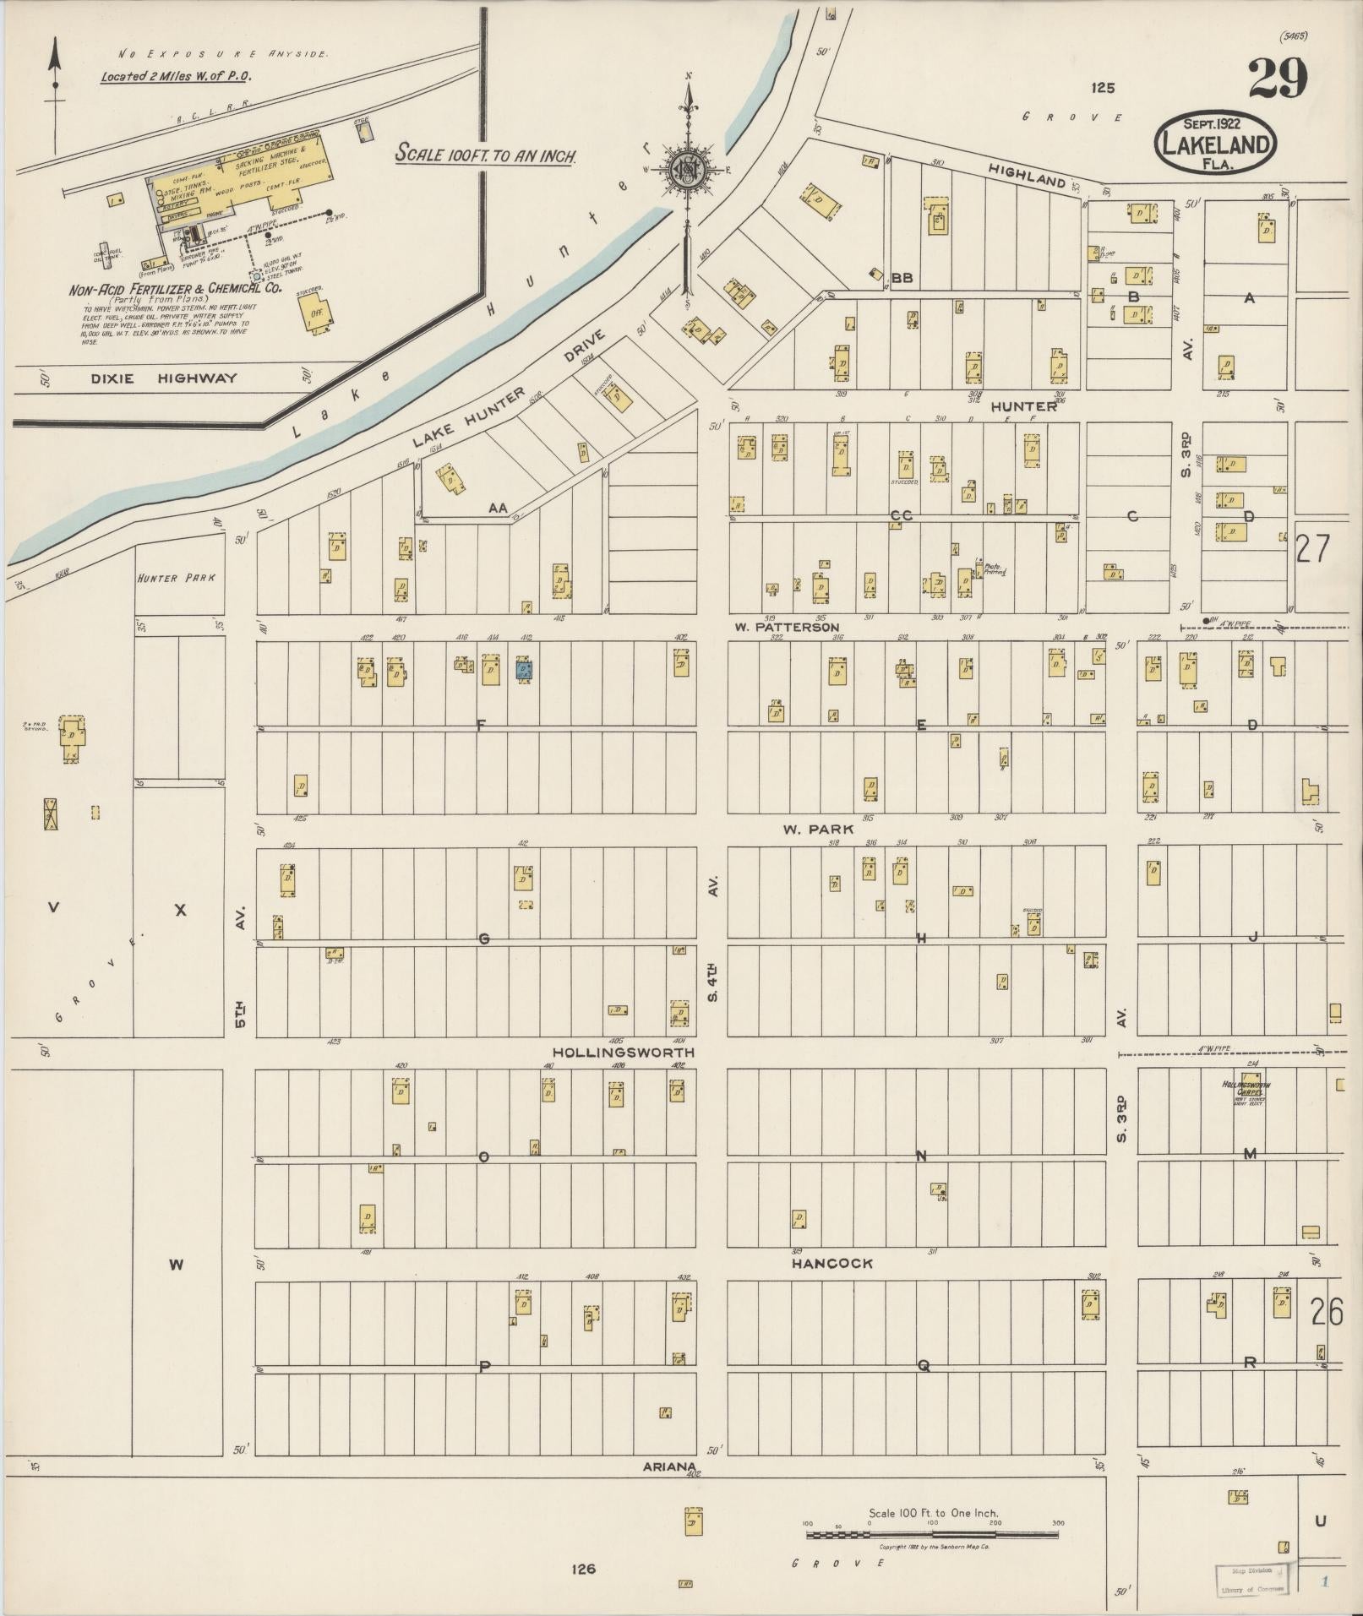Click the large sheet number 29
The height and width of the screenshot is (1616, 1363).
(1277, 79)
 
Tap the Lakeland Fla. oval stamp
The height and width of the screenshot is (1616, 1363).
(1215, 144)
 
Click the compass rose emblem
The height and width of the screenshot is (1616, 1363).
(688, 170)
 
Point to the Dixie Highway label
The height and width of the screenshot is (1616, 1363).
(164, 378)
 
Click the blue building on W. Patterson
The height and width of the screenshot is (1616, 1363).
(524, 671)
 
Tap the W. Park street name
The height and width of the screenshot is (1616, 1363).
(817, 829)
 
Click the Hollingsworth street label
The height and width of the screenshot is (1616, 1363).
(623, 1053)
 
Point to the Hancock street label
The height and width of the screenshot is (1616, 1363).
(831, 1263)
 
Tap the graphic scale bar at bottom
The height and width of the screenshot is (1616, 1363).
(931, 1534)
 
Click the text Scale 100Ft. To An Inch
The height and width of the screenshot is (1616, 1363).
(487, 155)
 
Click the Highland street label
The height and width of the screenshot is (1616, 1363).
(1026, 175)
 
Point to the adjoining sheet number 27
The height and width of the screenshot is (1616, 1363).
(1312, 549)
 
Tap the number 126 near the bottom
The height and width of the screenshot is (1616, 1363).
(583, 1569)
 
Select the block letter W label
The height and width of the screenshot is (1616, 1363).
(176, 1264)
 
